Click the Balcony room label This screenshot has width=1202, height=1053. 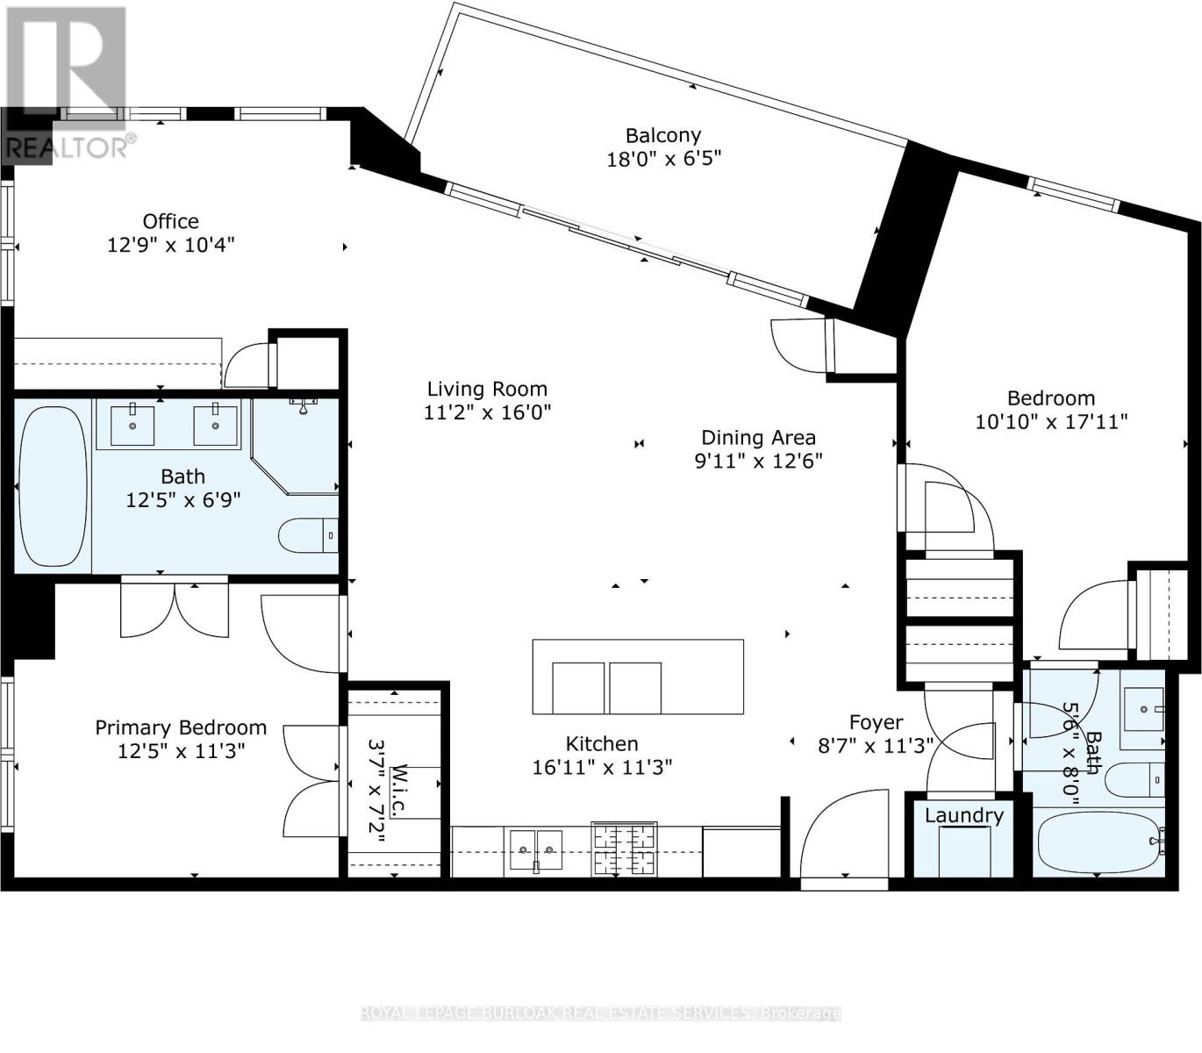662,135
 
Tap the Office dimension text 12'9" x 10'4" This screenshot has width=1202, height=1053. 171,244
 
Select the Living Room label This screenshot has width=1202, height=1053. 487,389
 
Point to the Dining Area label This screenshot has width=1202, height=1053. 758,437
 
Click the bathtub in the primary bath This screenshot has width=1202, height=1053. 53,485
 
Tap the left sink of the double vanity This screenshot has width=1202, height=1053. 132,426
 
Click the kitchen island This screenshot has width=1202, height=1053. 638,677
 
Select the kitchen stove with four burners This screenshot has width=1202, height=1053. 624,849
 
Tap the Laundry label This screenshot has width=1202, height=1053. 963,815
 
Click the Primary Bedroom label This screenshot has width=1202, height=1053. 181,727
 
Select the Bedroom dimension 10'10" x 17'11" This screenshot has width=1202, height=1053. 1050,421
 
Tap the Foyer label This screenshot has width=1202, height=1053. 876,722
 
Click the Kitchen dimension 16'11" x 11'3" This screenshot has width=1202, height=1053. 602,767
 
